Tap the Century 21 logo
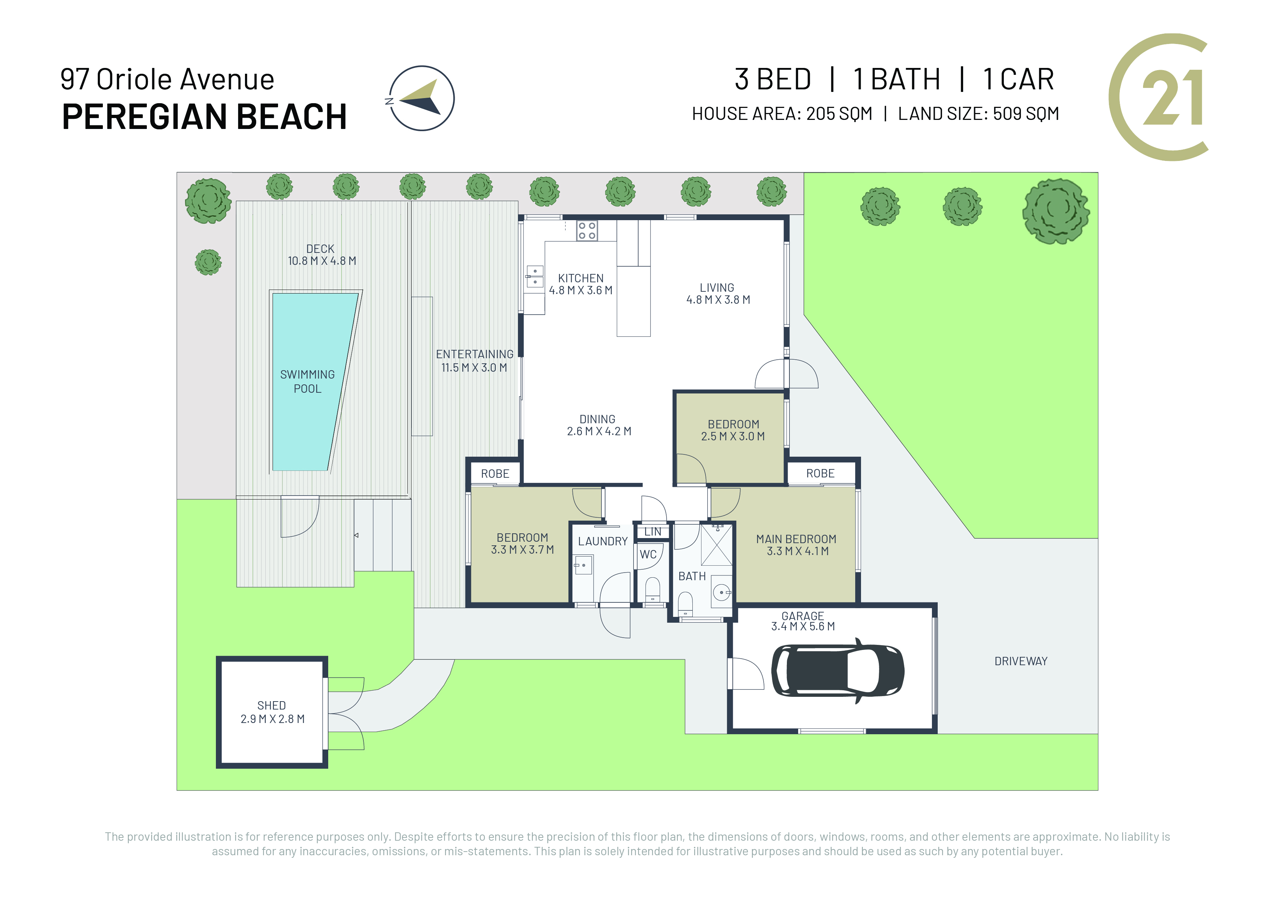1159,97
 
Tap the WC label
648,554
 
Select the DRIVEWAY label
1021,661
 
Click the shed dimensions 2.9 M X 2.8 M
273,719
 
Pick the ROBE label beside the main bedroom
820,473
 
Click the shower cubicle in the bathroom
716,544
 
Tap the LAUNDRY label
603,541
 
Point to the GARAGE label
803,616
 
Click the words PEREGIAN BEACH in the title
204,117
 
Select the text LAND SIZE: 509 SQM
978,114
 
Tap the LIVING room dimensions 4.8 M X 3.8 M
718,300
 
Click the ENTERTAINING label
475,354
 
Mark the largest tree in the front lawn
1056,211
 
